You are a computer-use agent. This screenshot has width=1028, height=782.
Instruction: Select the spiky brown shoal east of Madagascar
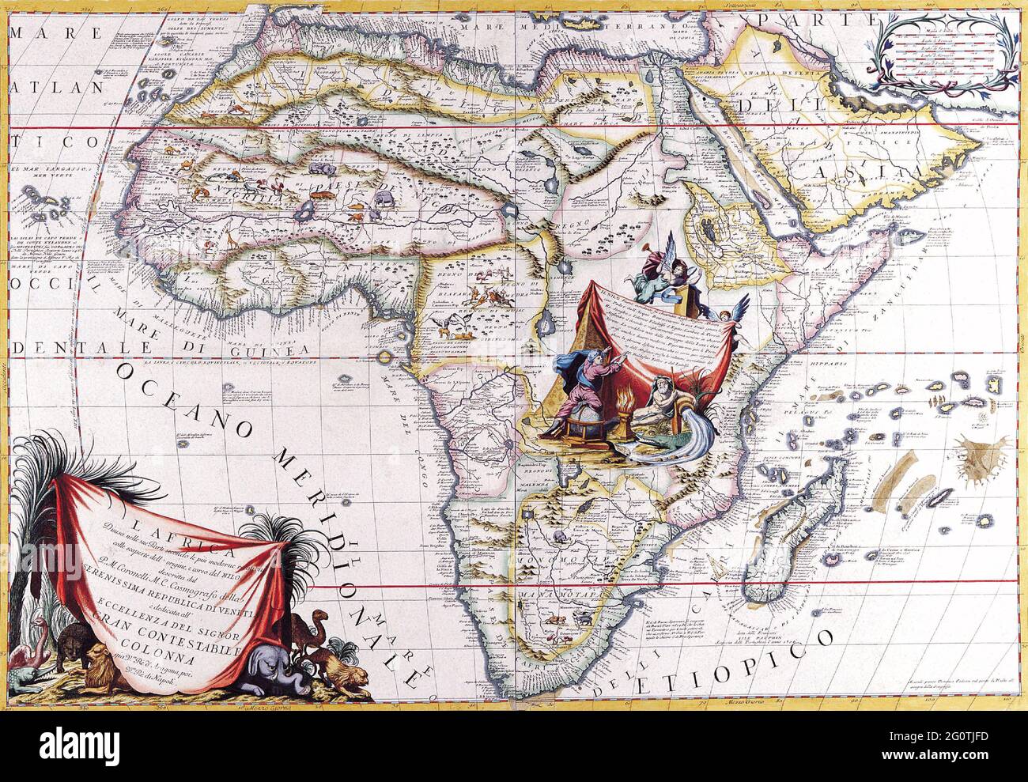981,454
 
